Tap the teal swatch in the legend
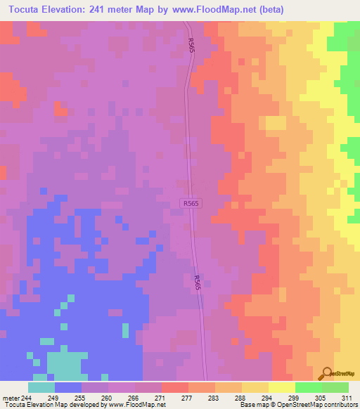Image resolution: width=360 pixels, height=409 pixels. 41,387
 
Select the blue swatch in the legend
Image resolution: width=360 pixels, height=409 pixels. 68,387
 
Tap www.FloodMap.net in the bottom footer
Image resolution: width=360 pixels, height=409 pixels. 138,405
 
